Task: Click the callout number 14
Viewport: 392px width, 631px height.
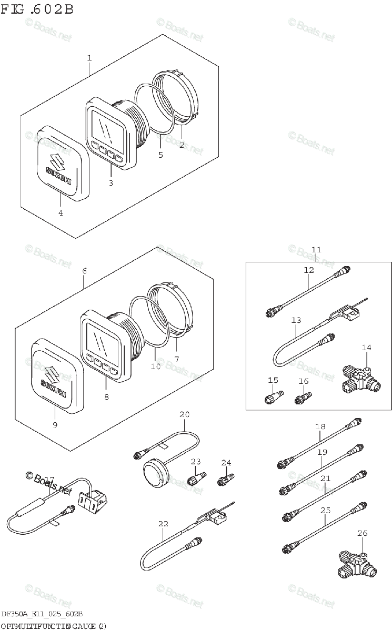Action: coord(366,348)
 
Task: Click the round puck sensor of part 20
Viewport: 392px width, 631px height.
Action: coord(156,472)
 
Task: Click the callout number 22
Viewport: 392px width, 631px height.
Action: coord(163,523)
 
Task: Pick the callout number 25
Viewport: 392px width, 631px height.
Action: coord(325,511)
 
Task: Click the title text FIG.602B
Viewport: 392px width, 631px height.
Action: coord(37,9)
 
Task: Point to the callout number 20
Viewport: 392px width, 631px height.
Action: coord(184,415)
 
